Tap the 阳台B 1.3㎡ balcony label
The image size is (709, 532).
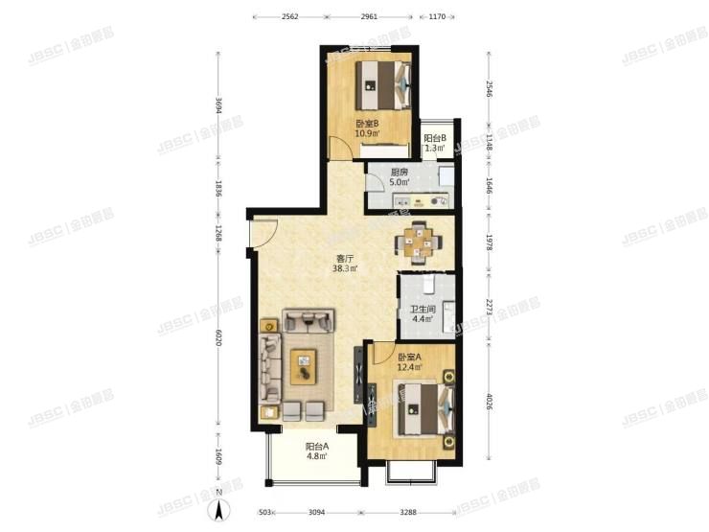point(436,143)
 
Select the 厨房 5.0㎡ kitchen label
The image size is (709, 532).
point(400,177)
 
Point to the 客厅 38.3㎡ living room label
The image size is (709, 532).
point(345,263)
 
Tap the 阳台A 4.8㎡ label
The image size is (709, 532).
point(317,451)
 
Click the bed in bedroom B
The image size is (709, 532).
point(384,85)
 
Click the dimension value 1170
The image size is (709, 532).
point(438,16)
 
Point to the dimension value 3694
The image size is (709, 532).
point(219,106)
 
